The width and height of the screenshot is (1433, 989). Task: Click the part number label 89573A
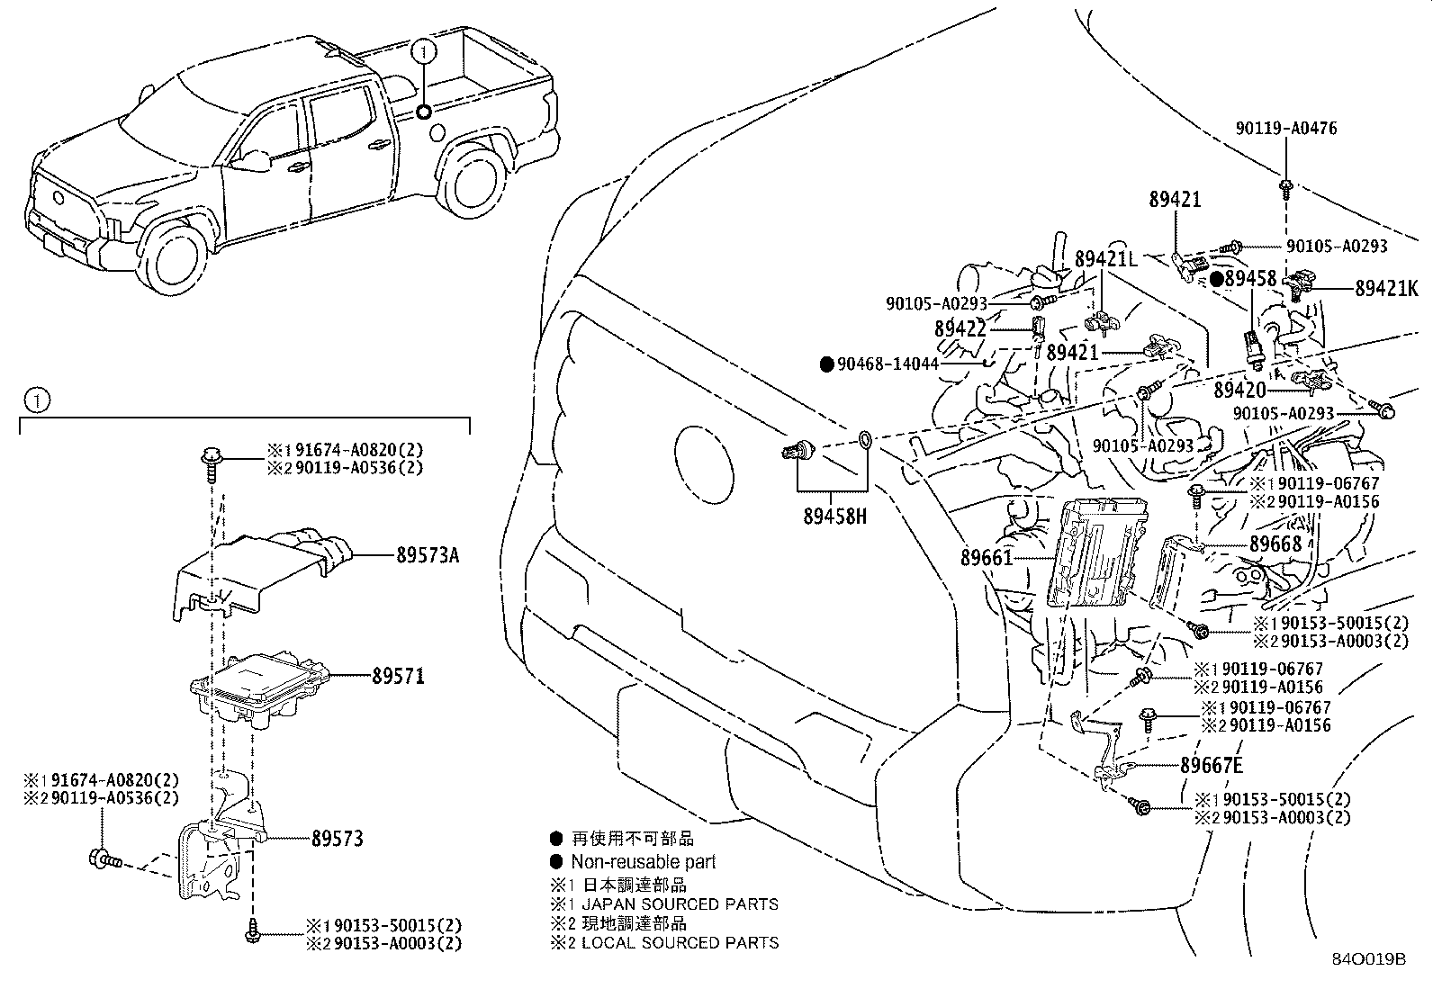tap(427, 556)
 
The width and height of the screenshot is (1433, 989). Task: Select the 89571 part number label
tap(398, 676)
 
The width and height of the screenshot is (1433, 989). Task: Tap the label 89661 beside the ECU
tap(987, 558)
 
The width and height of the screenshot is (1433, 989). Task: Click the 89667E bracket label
tap(1212, 766)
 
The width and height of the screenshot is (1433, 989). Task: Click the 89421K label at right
tap(1386, 289)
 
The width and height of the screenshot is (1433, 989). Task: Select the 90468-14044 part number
tap(888, 364)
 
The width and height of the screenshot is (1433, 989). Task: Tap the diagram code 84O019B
tap(1368, 959)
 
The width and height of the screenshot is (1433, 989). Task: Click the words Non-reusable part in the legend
tap(644, 862)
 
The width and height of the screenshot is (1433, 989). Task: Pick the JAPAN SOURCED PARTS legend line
tap(680, 904)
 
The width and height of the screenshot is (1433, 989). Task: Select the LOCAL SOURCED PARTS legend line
tap(680, 943)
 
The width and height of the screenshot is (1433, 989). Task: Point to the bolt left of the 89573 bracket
tap(104, 859)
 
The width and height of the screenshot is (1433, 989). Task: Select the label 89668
tap(1275, 544)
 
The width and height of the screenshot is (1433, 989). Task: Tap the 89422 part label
tap(960, 329)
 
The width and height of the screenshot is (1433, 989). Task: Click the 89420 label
tap(1239, 390)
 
